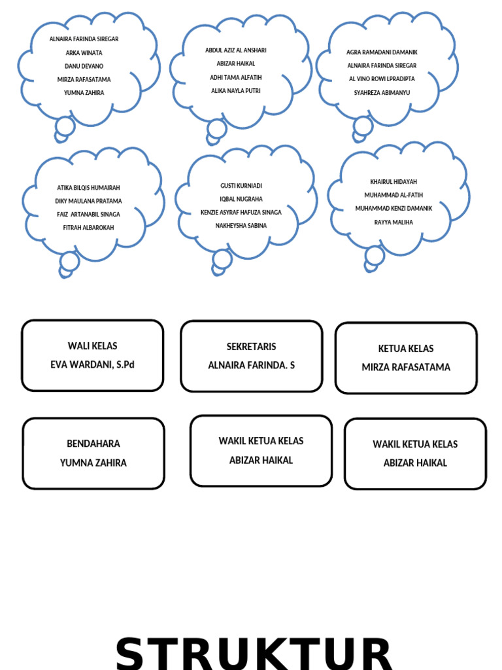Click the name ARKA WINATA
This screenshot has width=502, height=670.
pyautogui.click(x=84, y=53)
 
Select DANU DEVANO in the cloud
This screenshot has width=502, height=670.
pyautogui.click(x=84, y=66)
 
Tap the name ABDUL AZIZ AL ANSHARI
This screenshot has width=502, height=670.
pyautogui.click(x=235, y=50)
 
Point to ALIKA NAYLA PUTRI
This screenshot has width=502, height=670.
pyautogui.click(x=235, y=90)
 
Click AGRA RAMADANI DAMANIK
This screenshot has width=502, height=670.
pyautogui.click(x=382, y=52)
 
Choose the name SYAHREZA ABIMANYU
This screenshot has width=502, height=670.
pyautogui.click(x=382, y=92)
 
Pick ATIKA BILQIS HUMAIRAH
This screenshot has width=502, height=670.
pyautogui.click(x=88, y=188)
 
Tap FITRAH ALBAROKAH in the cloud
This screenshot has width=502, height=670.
pyautogui.click(x=88, y=228)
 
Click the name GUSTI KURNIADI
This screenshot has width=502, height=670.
pyautogui.click(x=241, y=185)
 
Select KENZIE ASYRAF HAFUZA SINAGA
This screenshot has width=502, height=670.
pyautogui.click(x=241, y=213)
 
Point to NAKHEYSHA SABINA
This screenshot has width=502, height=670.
pyautogui.click(x=241, y=226)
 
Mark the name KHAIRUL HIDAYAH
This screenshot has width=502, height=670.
pyautogui.click(x=393, y=182)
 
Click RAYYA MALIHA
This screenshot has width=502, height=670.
pyautogui.click(x=393, y=222)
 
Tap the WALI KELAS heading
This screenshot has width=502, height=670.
pyautogui.click(x=92, y=345)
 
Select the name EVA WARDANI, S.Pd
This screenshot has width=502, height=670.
pyautogui.click(x=92, y=364)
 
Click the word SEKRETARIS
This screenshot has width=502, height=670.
pyautogui.click(x=251, y=347)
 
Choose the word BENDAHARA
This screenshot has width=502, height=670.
pyautogui.click(x=93, y=444)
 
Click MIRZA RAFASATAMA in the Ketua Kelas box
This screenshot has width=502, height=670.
pyautogui.click(x=406, y=367)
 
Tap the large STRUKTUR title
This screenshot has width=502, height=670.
pyautogui.click(x=254, y=654)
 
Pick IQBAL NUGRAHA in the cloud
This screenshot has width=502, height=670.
pyautogui.click(x=241, y=199)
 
